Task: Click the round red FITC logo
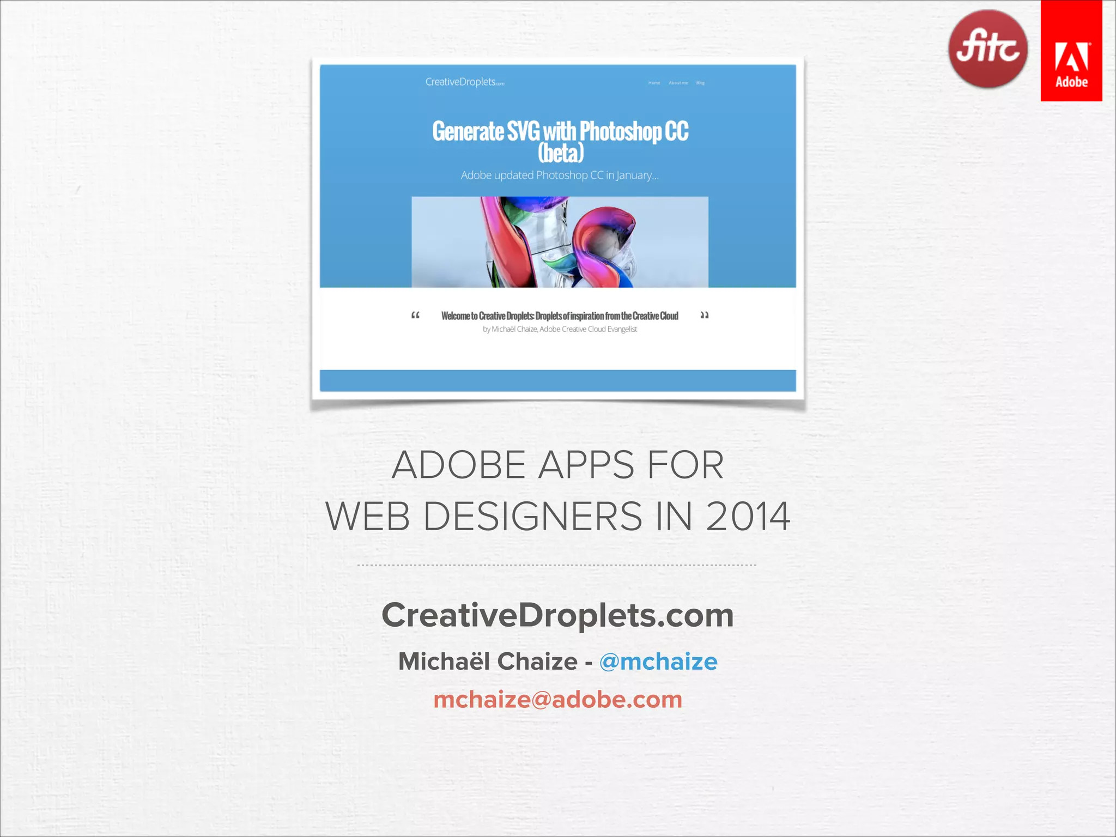tap(987, 49)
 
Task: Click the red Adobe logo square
tap(1071, 51)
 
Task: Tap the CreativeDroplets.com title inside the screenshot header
tap(464, 82)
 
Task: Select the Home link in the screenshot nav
tap(654, 83)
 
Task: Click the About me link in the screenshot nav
tap(678, 83)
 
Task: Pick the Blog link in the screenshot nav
tap(700, 83)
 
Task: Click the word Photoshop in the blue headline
tap(620, 131)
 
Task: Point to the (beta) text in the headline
tap(561, 153)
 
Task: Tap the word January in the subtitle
tap(636, 175)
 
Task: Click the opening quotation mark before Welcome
tap(415, 315)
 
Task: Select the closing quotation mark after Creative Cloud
tap(704, 315)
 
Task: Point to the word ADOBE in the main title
tap(458, 465)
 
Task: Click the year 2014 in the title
tap(748, 517)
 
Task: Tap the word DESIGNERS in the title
tap(532, 517)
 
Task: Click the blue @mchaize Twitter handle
tap(658, 662)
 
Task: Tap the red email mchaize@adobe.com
tap(557, 700)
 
